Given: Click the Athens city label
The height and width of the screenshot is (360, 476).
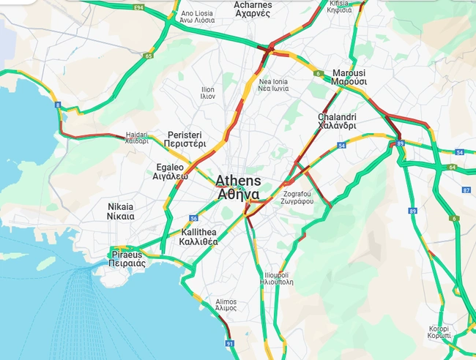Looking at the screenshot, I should (x=238, y=187).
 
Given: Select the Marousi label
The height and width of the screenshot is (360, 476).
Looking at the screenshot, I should (x=349, y=78).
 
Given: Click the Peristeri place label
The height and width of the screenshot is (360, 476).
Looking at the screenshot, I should (x=186, y=140).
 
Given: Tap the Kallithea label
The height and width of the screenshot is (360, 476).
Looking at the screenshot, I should (x=198, y=237).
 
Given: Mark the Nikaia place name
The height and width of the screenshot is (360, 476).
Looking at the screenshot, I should (x=121, y=211).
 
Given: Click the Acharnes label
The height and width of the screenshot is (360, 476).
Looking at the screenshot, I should (x=253, y=9).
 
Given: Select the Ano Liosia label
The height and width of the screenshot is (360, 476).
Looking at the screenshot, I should (x=197, y=18).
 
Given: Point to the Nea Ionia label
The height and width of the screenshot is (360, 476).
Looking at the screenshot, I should (x=273, y=85).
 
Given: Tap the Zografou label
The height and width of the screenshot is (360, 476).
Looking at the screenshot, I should (x=297, y=198).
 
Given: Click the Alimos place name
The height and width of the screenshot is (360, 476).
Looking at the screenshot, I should (x=226, y=305).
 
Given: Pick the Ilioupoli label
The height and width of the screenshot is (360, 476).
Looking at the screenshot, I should (x=278, y=278).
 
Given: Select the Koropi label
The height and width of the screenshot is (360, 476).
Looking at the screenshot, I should (x=439, y=331).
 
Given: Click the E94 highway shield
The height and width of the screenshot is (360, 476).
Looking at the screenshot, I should (x=137, y=7).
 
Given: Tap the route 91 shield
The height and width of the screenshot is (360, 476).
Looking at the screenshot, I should (x=229, y=342).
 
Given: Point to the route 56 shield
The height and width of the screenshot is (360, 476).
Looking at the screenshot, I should (x=193, y=218).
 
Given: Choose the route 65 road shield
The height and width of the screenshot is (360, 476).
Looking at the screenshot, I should (x=149, y=56).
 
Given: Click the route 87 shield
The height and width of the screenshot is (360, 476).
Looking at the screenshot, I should (x=466, y=190).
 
